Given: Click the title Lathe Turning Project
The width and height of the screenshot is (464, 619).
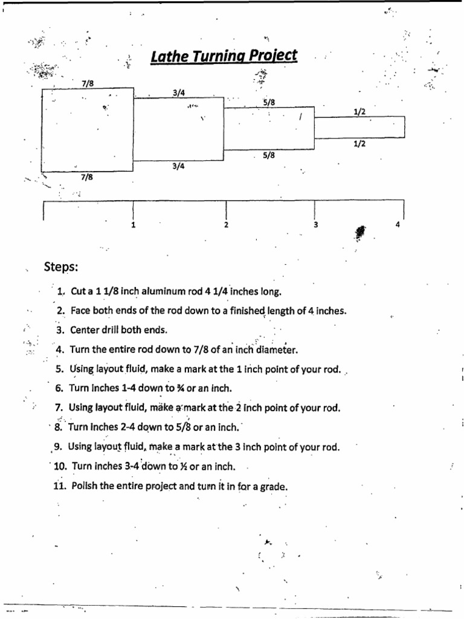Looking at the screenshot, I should (224, 56).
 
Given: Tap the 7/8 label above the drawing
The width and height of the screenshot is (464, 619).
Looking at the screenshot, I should (88, 83).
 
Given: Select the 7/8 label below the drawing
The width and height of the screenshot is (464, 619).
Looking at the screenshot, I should (86, 177).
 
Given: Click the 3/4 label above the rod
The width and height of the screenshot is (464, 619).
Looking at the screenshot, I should (178, 92).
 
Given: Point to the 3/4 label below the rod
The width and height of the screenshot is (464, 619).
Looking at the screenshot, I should (178, 166).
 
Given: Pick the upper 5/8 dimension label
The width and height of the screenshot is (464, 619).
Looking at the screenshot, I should (269, 103).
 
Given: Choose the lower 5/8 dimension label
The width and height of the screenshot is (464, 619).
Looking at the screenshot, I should (269, 155).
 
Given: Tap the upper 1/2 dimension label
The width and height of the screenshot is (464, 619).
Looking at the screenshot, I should (359, 112).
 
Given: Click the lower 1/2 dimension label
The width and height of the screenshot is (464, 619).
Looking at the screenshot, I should (359, 143).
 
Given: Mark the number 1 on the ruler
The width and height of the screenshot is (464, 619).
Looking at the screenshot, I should (133, 225).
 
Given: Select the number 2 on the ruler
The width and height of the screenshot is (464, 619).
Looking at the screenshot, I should (226, 225).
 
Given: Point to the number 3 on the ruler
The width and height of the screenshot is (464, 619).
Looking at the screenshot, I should (315, 225).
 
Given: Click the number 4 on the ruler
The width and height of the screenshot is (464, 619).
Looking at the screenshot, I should (398, 225).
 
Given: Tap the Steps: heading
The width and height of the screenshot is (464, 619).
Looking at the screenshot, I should (62, 267).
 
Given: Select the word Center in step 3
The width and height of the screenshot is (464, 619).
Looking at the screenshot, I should (85, 330).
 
